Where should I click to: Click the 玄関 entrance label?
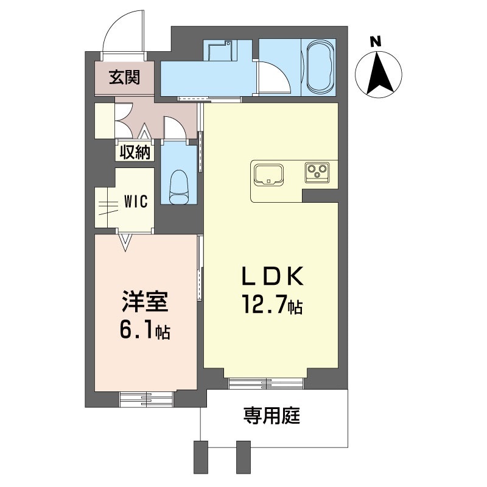pyautogui.click(x=125, y=77)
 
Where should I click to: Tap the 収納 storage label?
pyautogui.click(x=135, y=152)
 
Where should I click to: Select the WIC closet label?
pyautogui.click(x=136, y=201)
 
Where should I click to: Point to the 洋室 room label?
pyautogui.click(x=145, y=301)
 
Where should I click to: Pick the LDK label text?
pyautogui.click(x=273, y=276)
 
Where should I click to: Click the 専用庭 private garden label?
pyautogui.click(x=272, y=416)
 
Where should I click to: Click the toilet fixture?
pyautogui.click(x=179, y=186)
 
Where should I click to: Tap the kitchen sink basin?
pyautogui.click(x=268, y=175)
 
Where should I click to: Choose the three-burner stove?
pyautogui.click(x=317, y=172)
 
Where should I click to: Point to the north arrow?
pyautogui.click(x=378, y=74)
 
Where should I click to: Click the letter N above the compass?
pyautogui.click(x=376, y=41)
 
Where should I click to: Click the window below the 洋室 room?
pyautogui.click(x=146, y=399)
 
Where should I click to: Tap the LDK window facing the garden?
pyautogui.click(x=265, y=384)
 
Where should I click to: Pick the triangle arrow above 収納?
pyautogui.click(x=144, y=131)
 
